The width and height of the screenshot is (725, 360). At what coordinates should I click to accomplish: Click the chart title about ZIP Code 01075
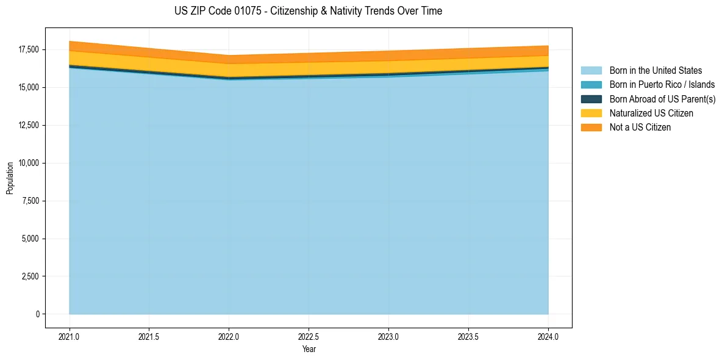(308, 11)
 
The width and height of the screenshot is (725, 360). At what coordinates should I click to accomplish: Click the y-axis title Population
(10, 178)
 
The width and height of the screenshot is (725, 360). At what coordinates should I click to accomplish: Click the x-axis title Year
(309, 350)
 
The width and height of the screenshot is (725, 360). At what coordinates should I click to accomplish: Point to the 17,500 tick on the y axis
(28, 49)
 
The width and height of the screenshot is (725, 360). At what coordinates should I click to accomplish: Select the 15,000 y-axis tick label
(28, 87)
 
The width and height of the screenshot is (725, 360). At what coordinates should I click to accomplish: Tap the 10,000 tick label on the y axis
(28, 163)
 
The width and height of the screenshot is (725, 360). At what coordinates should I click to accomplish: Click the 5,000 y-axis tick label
(30, 239)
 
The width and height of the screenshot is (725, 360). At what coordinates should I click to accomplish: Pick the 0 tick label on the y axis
(37, 314)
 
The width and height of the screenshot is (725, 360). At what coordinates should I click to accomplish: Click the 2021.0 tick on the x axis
(70, 336)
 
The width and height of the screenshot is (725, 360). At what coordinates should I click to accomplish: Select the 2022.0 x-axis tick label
(229, 336)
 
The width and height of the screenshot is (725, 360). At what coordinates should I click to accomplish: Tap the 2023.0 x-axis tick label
(388, 336)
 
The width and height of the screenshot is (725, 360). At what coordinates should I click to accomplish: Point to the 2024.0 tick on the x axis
(548, 336)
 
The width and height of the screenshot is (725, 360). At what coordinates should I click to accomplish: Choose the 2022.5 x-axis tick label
(309, 336)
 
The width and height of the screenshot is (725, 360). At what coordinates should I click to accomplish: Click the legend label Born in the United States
(655, 71)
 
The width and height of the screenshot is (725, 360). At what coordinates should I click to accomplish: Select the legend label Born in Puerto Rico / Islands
(662, 85)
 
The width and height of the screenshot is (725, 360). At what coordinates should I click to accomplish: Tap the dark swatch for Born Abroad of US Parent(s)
(591, 99)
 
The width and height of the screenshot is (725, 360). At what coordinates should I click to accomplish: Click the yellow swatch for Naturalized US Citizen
(591, 113)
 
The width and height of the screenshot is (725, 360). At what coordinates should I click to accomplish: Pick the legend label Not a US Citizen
(640, 128)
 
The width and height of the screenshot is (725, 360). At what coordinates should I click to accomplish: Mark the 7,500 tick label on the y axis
(30, 201)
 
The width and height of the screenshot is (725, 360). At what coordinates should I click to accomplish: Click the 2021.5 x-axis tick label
(149, 336)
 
